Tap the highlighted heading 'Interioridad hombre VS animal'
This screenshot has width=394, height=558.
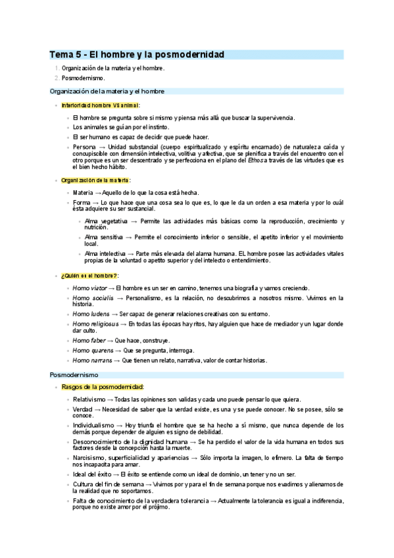(100, 105)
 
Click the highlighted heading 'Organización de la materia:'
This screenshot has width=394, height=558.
(95, 180)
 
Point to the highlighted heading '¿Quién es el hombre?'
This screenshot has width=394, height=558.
(89, 276)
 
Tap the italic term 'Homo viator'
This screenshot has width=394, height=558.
(89, 288)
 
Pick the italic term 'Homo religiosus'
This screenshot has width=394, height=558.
(95, 324)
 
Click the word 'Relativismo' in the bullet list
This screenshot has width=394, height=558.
(89, 399)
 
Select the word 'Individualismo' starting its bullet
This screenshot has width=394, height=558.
(93, 426)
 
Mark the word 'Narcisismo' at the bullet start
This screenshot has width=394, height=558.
(89, 457)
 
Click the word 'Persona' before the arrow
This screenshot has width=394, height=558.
(84, 147)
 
